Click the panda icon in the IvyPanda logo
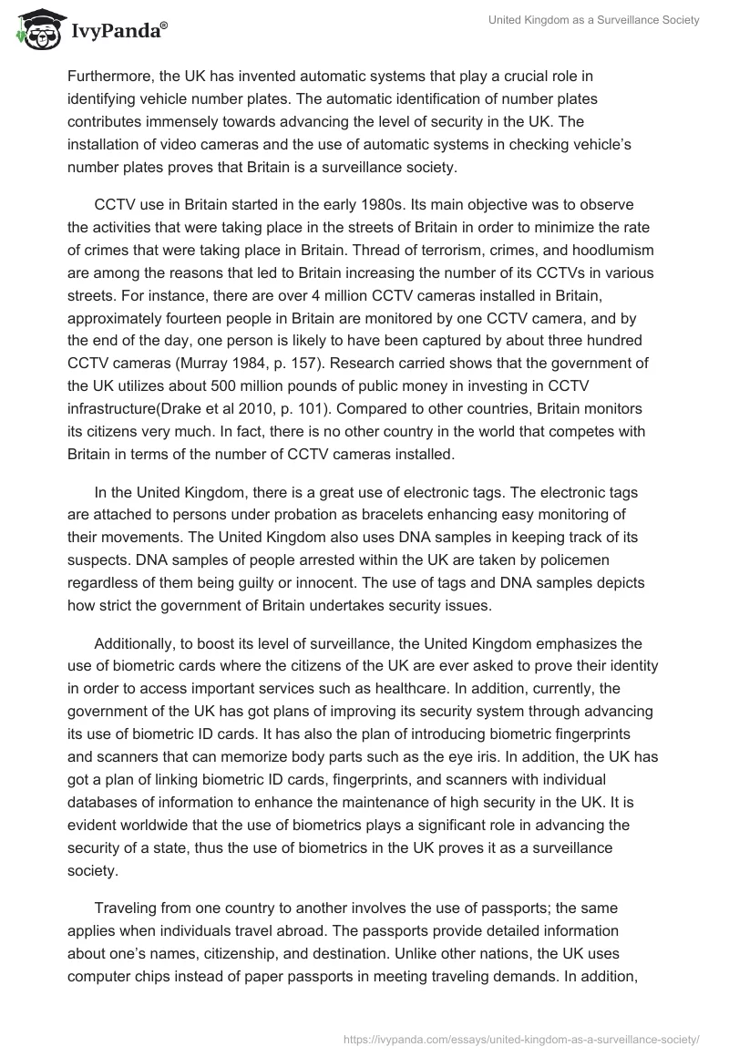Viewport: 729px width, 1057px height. [36, 32]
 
